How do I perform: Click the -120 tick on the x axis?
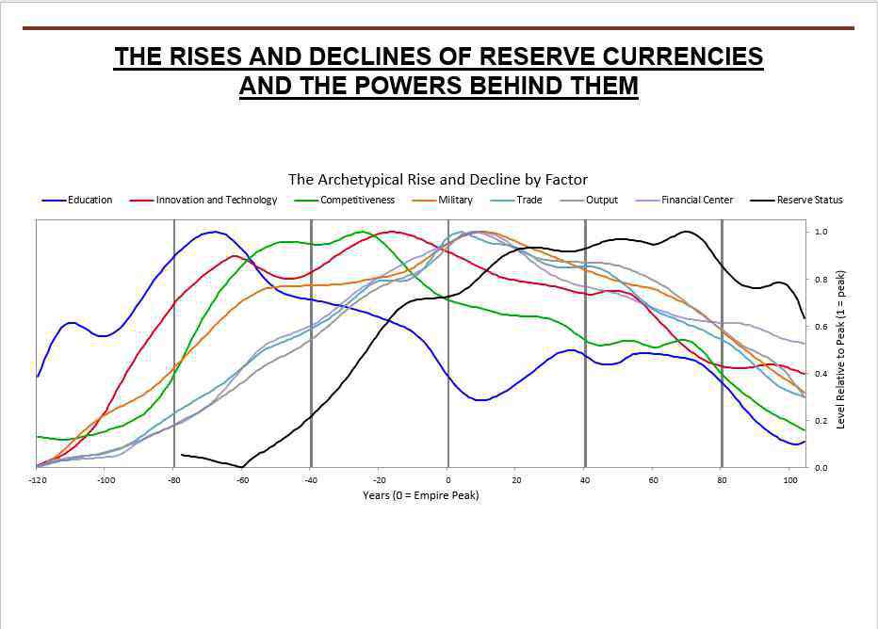click(x=38, y=479)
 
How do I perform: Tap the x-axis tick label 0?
click(x=447, y=479)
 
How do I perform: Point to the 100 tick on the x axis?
click(x=789, y=479)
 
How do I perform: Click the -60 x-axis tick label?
click(x=243, y=479)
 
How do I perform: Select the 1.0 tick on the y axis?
click(x=821, y=232)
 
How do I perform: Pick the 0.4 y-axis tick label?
click(x=821, y=374)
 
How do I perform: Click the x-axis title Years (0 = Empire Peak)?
click(x=420, y=495)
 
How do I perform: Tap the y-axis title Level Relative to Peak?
click(x=841, y=349)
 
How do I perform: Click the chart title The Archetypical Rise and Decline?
click(x=438, y=179)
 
